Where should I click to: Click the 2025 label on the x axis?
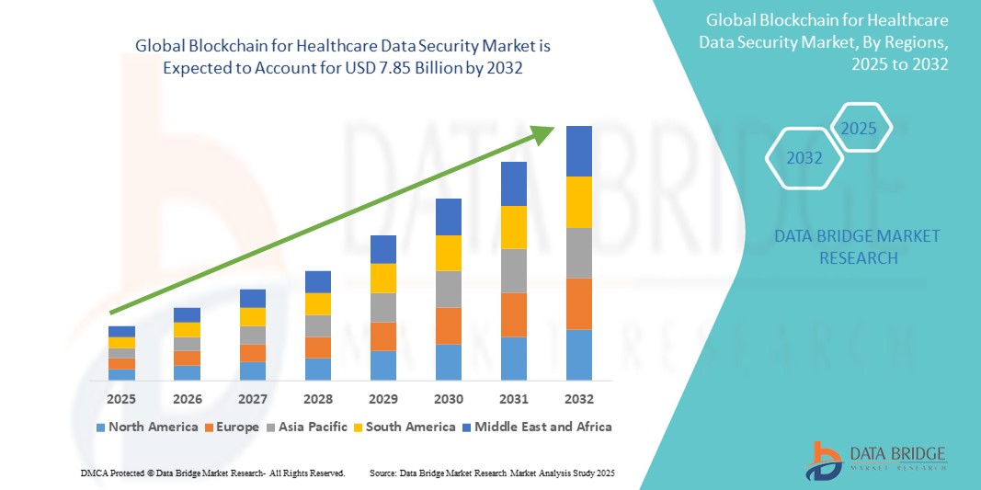pyautogui.click(x=121, y=400)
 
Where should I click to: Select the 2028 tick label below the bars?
pyautogui.click(x=318, y=400)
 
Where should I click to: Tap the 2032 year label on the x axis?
pyautogui.click(x=578, y=400)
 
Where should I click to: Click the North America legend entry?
pyautogui.click(x=146, y=427)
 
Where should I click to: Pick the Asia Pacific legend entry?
pyautogui.click(x=307, y=427)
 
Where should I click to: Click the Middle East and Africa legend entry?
pyautogui.click(x=538, y=427)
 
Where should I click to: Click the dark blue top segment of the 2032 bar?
pyautogui.click(x=578, y=151)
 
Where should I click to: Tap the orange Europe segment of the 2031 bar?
pyautogui.click(x=513, y=314)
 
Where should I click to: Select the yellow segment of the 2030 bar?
pyautogui.click(x=448, y=253)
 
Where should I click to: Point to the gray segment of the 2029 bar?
pyautogui.click(x=382, y=307)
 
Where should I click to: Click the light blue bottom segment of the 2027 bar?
pyautogui.click(x=252, y=370)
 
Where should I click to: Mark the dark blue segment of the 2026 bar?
pyautogui.click(x=187, y=314)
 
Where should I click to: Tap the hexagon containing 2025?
pyautogui.click(x=860, y=129)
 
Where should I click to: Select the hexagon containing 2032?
pyautogui.click(x=804, y=158)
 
